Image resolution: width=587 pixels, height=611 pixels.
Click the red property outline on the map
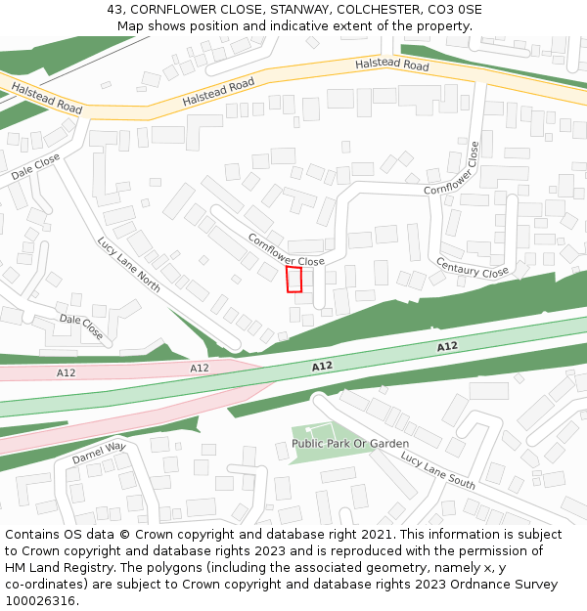[x=293, y=280]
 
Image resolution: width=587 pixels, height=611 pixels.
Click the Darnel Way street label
[x=99, y=453]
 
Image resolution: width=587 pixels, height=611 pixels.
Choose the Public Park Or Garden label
[x=349, y=444]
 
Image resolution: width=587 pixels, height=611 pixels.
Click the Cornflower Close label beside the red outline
[x=286, y=249]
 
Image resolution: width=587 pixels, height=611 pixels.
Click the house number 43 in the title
[x=114, y=10]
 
